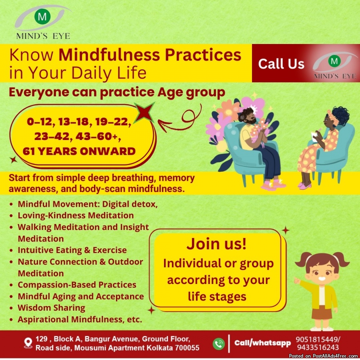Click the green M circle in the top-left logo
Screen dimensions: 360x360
tap(42, 16)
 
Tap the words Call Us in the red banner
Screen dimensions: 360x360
tap(281, 64)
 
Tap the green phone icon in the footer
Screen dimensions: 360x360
tap(218, 344)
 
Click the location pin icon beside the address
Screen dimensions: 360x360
tap(28, 343)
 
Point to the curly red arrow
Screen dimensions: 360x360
tap(180, 119)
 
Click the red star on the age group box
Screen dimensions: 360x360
tap(144, 112)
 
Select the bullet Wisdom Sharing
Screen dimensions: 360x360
tap(52, 308)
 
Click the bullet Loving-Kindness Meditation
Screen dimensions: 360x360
tap(76, 215)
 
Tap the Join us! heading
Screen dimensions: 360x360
tap(216, 244)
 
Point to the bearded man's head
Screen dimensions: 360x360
tap(246, 116)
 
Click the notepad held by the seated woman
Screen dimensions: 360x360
tap(314, 136)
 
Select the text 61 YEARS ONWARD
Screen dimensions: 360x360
tap(79, 151)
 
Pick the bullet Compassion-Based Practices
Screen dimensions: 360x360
tap(77, 285)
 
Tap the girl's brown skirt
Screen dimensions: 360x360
tap(322, 313)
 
